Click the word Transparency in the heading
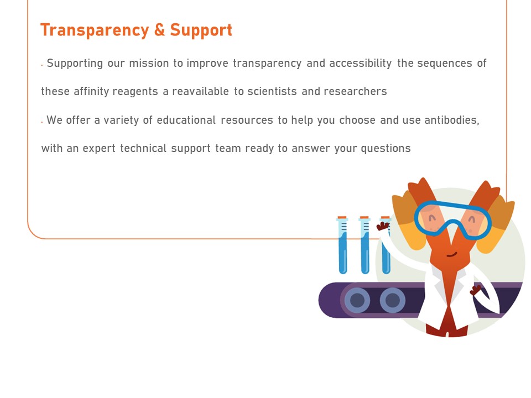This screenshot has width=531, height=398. point(95,30)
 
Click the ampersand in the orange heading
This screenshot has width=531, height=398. point(159,30)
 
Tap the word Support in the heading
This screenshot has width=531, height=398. point(201,30)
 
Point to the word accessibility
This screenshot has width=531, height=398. point(360,63)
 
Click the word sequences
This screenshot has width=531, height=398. point(444,64)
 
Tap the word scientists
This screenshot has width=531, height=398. point(272,91)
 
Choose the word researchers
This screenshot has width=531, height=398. point(355,91)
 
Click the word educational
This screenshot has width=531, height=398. point(186,120)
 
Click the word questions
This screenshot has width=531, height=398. point(386,149)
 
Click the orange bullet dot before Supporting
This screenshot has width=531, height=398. point(41,65)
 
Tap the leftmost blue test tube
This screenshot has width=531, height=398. point(343,245)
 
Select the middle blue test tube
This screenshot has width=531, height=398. point(365,245)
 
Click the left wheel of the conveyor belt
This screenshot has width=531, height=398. point(357,300)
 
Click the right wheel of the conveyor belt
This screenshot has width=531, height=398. point(393,300)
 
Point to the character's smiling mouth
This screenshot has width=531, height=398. point(452,254)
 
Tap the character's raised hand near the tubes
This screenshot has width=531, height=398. point(383,226)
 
